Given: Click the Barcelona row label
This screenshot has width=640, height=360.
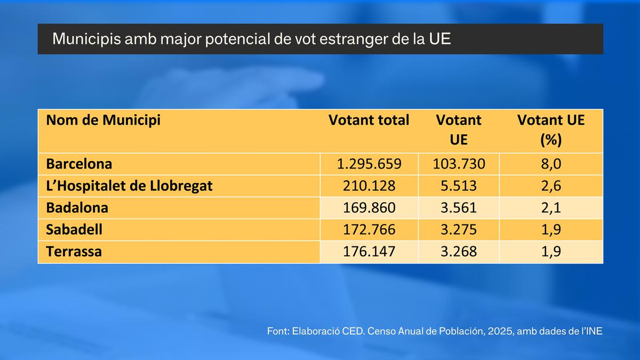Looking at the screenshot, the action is pyautogui.click(x=79, y=164).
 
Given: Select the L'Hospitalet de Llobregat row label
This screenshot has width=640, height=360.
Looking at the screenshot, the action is pyautogui.click(x=129, y=186).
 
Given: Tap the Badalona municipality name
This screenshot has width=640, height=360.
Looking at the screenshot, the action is pyautogui.click(x=77, y=207).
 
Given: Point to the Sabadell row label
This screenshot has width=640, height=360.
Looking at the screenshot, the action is pyautogui.click(x=74, y=229).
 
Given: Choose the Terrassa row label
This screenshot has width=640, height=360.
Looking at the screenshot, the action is pyautogui.click(x=74, y=251).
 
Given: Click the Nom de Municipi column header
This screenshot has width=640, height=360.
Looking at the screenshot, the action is pyautogui.click(x=103, y=120).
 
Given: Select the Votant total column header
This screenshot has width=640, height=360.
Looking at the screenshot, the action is pyautogui.click(x=369, y=120).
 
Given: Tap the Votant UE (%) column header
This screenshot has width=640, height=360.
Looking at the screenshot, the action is pyautogui.click(x=551, y=130).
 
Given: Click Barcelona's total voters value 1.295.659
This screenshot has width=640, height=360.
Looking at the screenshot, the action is pyautogui.click(x=369, y=164).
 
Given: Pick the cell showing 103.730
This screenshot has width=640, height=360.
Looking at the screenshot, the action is pyautogui.click(x=459, y=164).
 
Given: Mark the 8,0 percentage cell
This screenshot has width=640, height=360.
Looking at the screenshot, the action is pyautogui.click(x=551, y=164).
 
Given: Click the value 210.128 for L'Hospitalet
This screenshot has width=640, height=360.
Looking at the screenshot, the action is pyautogui.click(x=369, y=186).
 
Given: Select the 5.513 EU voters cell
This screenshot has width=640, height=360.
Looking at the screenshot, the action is pyautogui.click(x=459, y=186).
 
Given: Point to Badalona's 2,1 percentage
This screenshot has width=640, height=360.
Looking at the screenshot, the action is pyautogui.click(x=551, y=208).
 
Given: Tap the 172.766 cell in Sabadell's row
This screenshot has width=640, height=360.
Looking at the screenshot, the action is pyautogui.click(x=369, y=230).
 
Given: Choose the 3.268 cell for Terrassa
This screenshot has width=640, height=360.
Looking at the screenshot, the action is pyautogui.click(x=459, y=251).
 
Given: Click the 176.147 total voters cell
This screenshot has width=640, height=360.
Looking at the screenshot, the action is pyautogui.click(x=369, y=251).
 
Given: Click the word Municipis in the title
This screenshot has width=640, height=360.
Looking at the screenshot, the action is pyautogui.click(x=87, y=39).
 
